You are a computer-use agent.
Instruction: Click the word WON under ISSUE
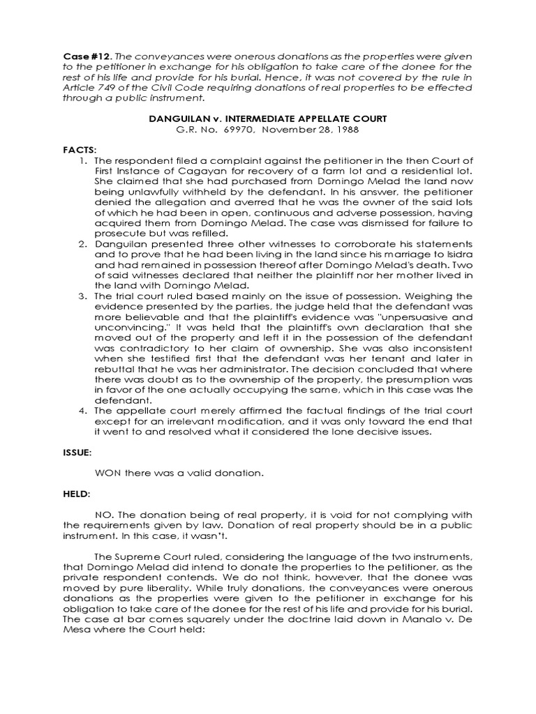pyautogui.click(x=118, y=473)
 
